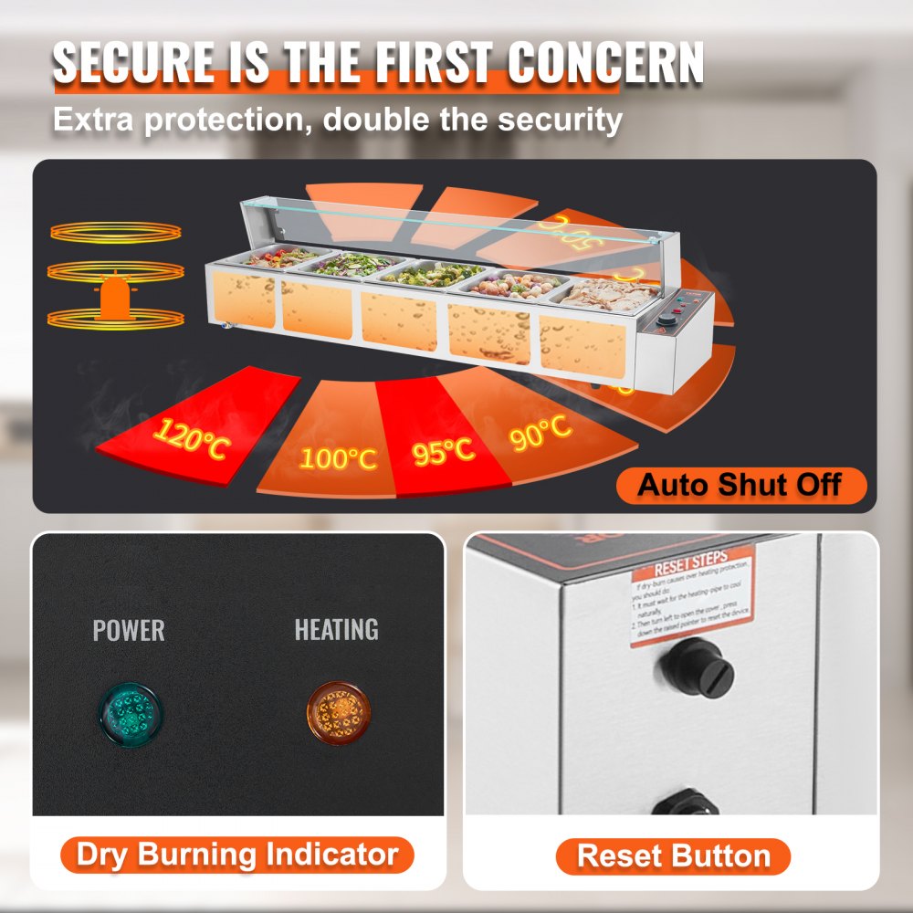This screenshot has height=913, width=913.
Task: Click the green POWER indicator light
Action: [x=130, y=711]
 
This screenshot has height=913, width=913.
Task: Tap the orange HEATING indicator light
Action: [x=335, y=711]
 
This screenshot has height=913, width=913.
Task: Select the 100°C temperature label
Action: [x=338, y=457]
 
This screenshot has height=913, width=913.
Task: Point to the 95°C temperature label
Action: [x=443, y=449]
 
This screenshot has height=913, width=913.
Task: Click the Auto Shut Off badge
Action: [x=740, y=485]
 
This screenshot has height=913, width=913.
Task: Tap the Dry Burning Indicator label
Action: [x=237, y=855]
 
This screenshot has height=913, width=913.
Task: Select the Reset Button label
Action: [x=674, y=856]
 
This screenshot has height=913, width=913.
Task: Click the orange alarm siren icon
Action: [x=114, y=298]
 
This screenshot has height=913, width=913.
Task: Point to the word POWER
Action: [x=129, y=630]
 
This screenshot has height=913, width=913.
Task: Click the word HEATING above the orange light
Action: [x=335, y=629]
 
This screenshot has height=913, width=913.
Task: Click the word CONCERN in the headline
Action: [x=605, y=64]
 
